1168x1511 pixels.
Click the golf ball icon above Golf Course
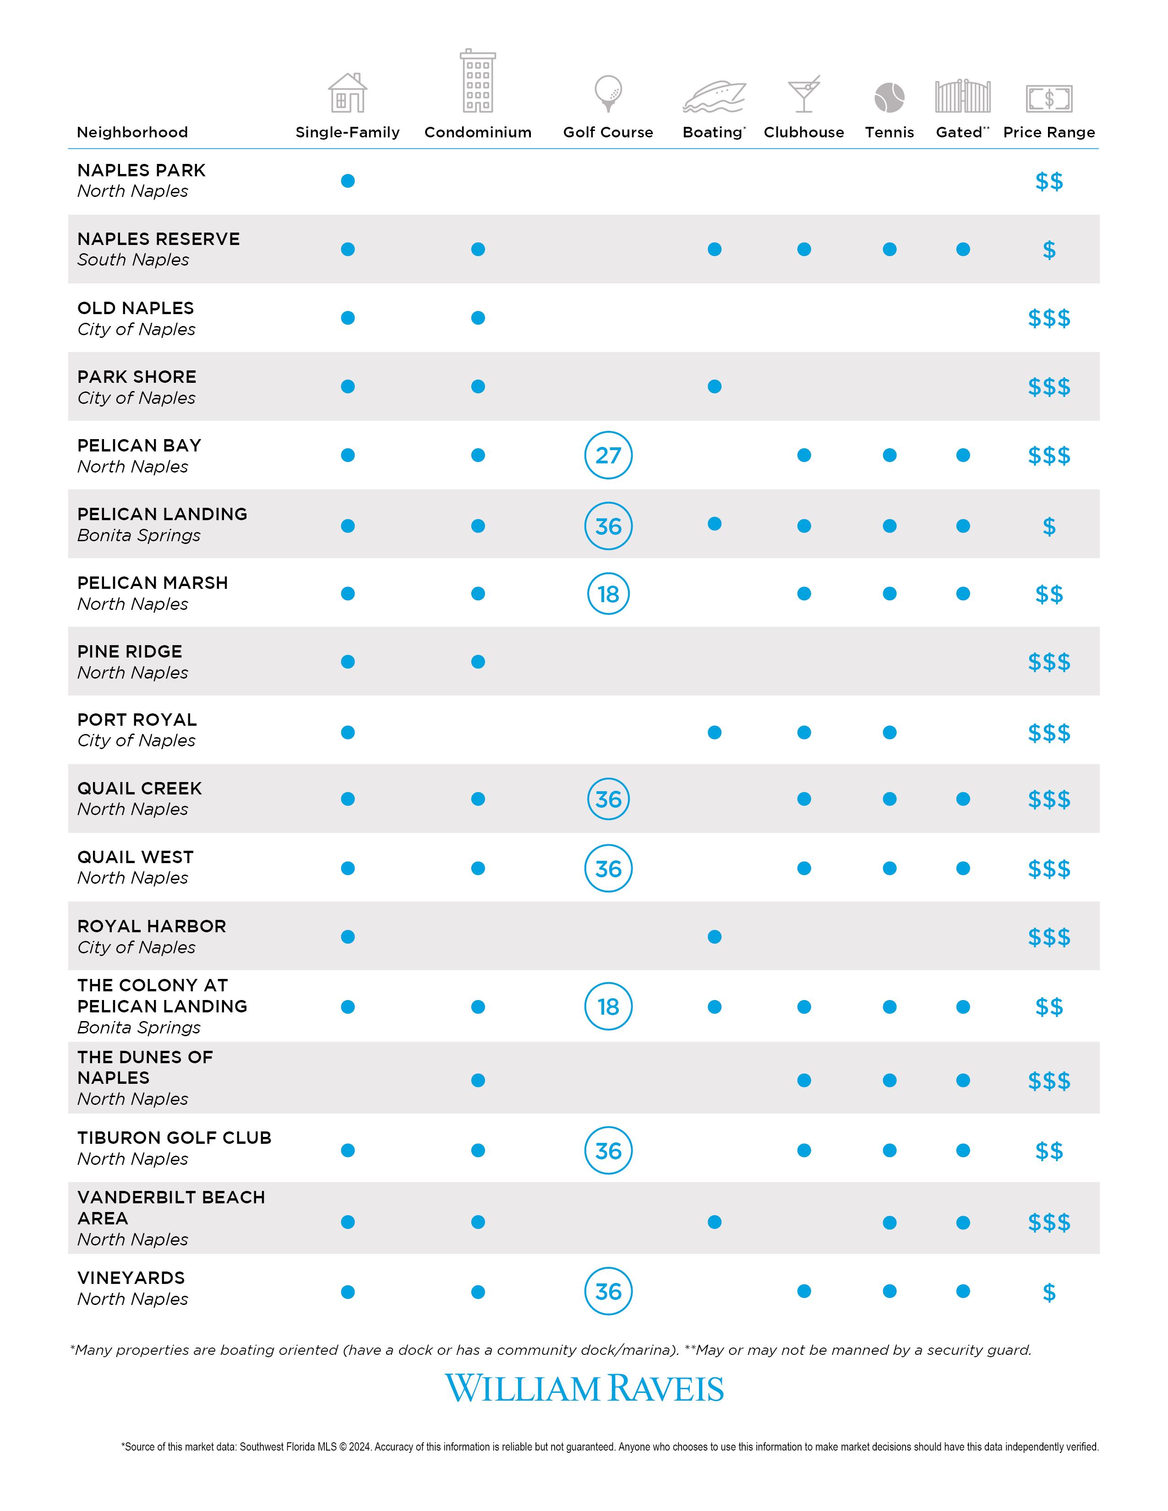[608, 93]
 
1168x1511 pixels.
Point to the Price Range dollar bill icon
[1048, 98]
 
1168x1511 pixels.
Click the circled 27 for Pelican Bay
[608, 455]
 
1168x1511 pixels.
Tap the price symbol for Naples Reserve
[1049, 250]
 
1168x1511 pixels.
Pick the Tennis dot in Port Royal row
[890, 733]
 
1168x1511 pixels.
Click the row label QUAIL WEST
[136, 857]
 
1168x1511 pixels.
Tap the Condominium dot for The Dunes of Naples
[478, 1080]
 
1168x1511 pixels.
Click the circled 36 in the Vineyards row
[608, 1292]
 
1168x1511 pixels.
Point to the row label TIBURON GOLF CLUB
[175, 1138]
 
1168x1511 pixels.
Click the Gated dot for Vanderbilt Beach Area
[962, 1223]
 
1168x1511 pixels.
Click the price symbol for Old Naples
[1049, 318]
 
